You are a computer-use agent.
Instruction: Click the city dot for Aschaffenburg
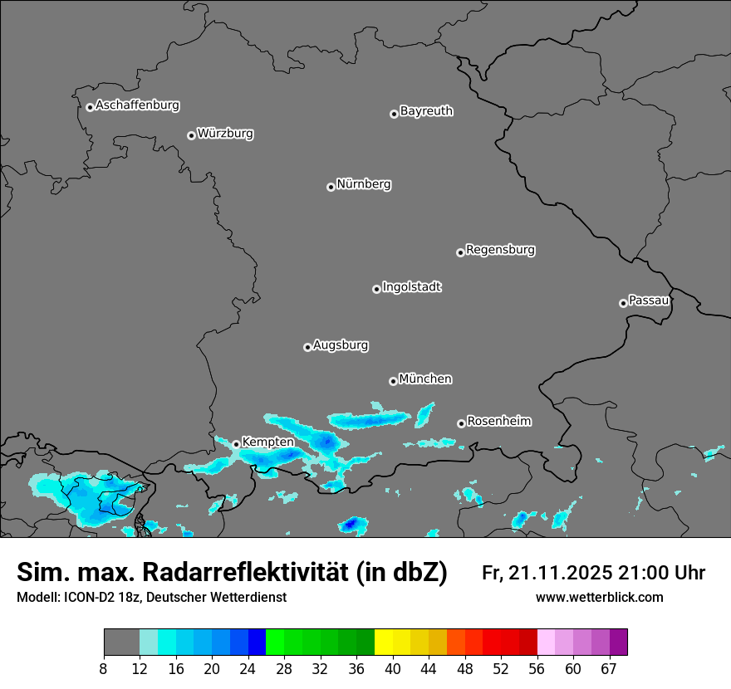click(x=90, y=107)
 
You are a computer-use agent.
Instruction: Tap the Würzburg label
click(x=225, y=134)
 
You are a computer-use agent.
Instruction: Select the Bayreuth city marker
click(x=394, y=114)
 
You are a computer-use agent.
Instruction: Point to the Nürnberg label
click(x=364, y=184)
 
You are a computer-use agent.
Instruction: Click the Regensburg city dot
click(x=460, y=252)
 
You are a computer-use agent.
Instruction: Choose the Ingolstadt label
click(x=412, y=287)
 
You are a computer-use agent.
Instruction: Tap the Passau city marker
click(x=623, y=303)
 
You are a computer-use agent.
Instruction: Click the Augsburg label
click(x=341, y=345)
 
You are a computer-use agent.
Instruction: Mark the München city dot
click(x=393, y=381)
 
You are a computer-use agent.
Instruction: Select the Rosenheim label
click(x=498, y=422)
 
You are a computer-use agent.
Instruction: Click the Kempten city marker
click(x=236, y=444)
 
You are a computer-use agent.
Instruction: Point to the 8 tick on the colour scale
click(x=104, y=669)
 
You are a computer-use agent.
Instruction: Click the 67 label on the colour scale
click(x=609, y=669)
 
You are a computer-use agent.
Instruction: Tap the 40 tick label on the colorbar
click(x=392, y=669)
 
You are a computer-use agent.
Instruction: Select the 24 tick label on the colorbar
click(x=248, y=669)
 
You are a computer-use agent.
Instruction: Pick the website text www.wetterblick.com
click(x=599, y=598)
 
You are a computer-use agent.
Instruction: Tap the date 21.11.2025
click(x=560, y=573)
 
